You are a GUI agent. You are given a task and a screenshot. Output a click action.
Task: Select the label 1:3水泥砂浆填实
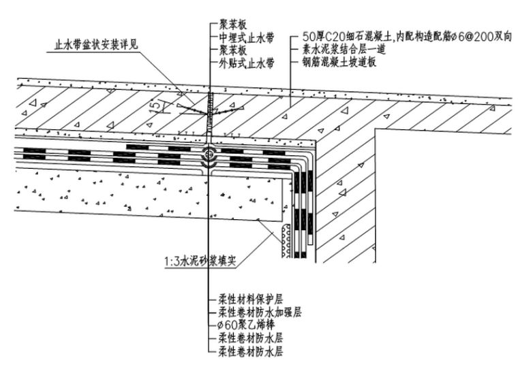200,259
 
